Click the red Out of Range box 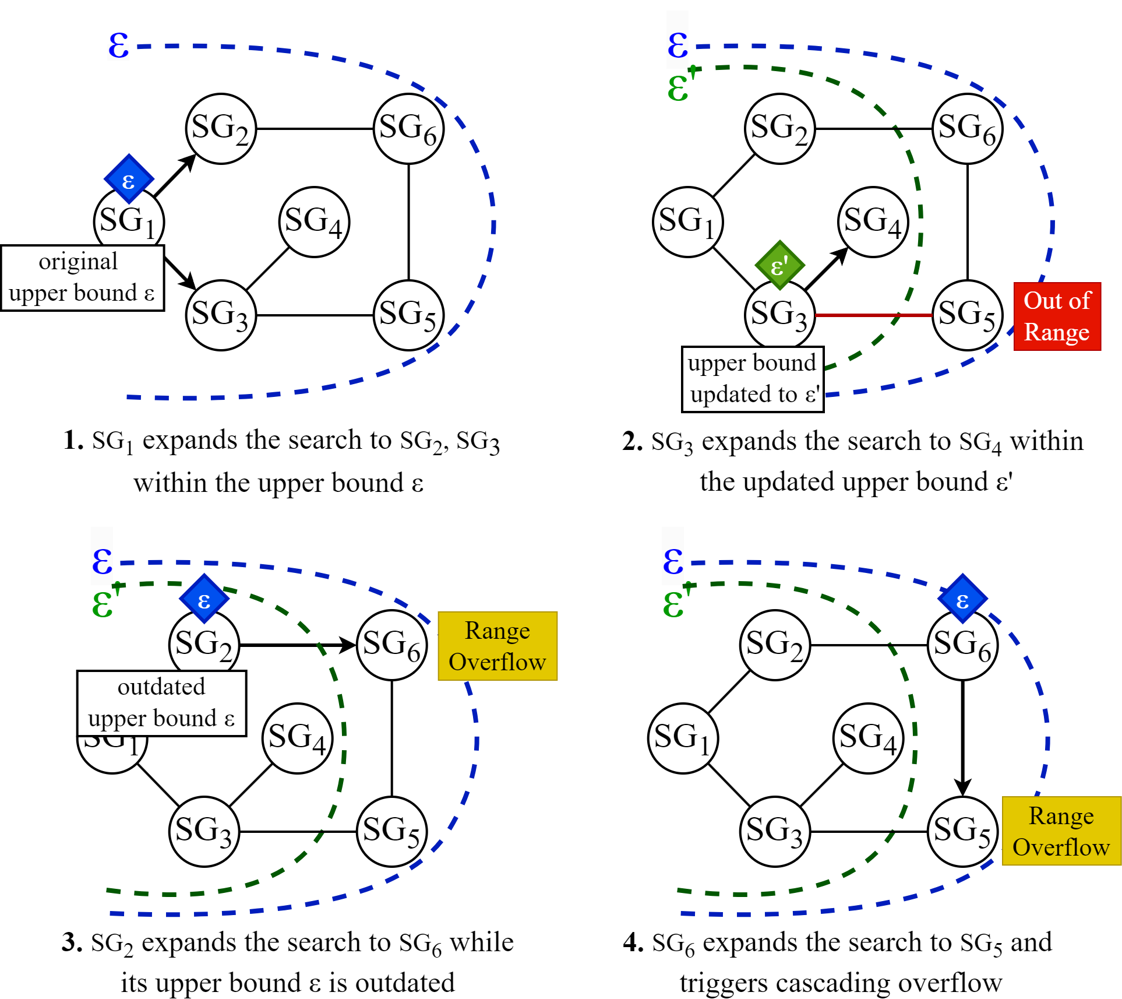point(1057,316)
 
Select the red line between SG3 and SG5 point(873,315)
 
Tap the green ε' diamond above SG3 point(779,266)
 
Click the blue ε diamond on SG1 point(129,180)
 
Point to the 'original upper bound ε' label point(82,278)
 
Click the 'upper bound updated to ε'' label point(752,379)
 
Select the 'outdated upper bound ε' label point(161,703)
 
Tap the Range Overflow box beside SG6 point(498,646)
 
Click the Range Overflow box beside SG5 point(1061,831)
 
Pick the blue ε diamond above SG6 point(962,599)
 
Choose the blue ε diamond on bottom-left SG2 point(204,599)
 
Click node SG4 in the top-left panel point(314,222)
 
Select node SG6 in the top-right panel point(967,129)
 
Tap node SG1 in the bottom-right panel point(683,738)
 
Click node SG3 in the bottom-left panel point(204,832)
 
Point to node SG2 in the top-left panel point(221,129)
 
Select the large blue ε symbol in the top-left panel point(118,45)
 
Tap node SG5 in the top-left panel point(408,315)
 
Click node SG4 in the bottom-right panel point(868,738)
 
